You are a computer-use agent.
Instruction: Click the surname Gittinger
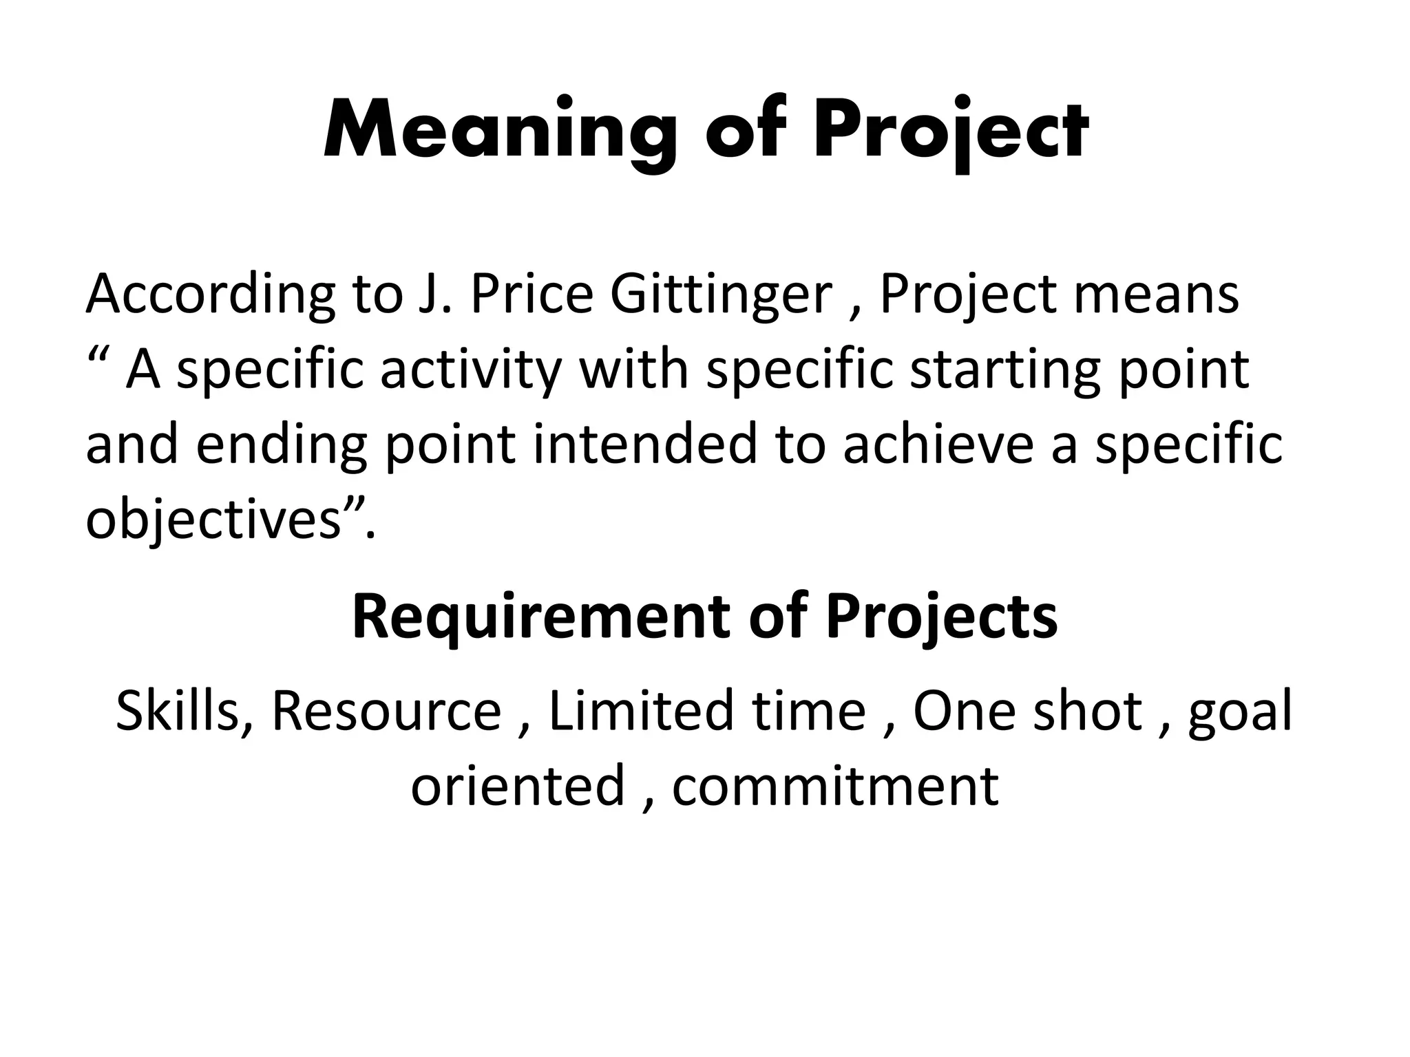pyautogui.click(x=721, y=295)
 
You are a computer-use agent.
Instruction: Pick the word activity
pyautogui.click(x=471, y=370)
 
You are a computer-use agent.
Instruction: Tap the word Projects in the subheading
pyautogui.click(x=941, y=617)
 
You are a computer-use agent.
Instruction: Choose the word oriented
pyautogui.click(x=518, y=785)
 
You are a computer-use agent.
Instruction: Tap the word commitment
pyautogui.click(x=835, y=785)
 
